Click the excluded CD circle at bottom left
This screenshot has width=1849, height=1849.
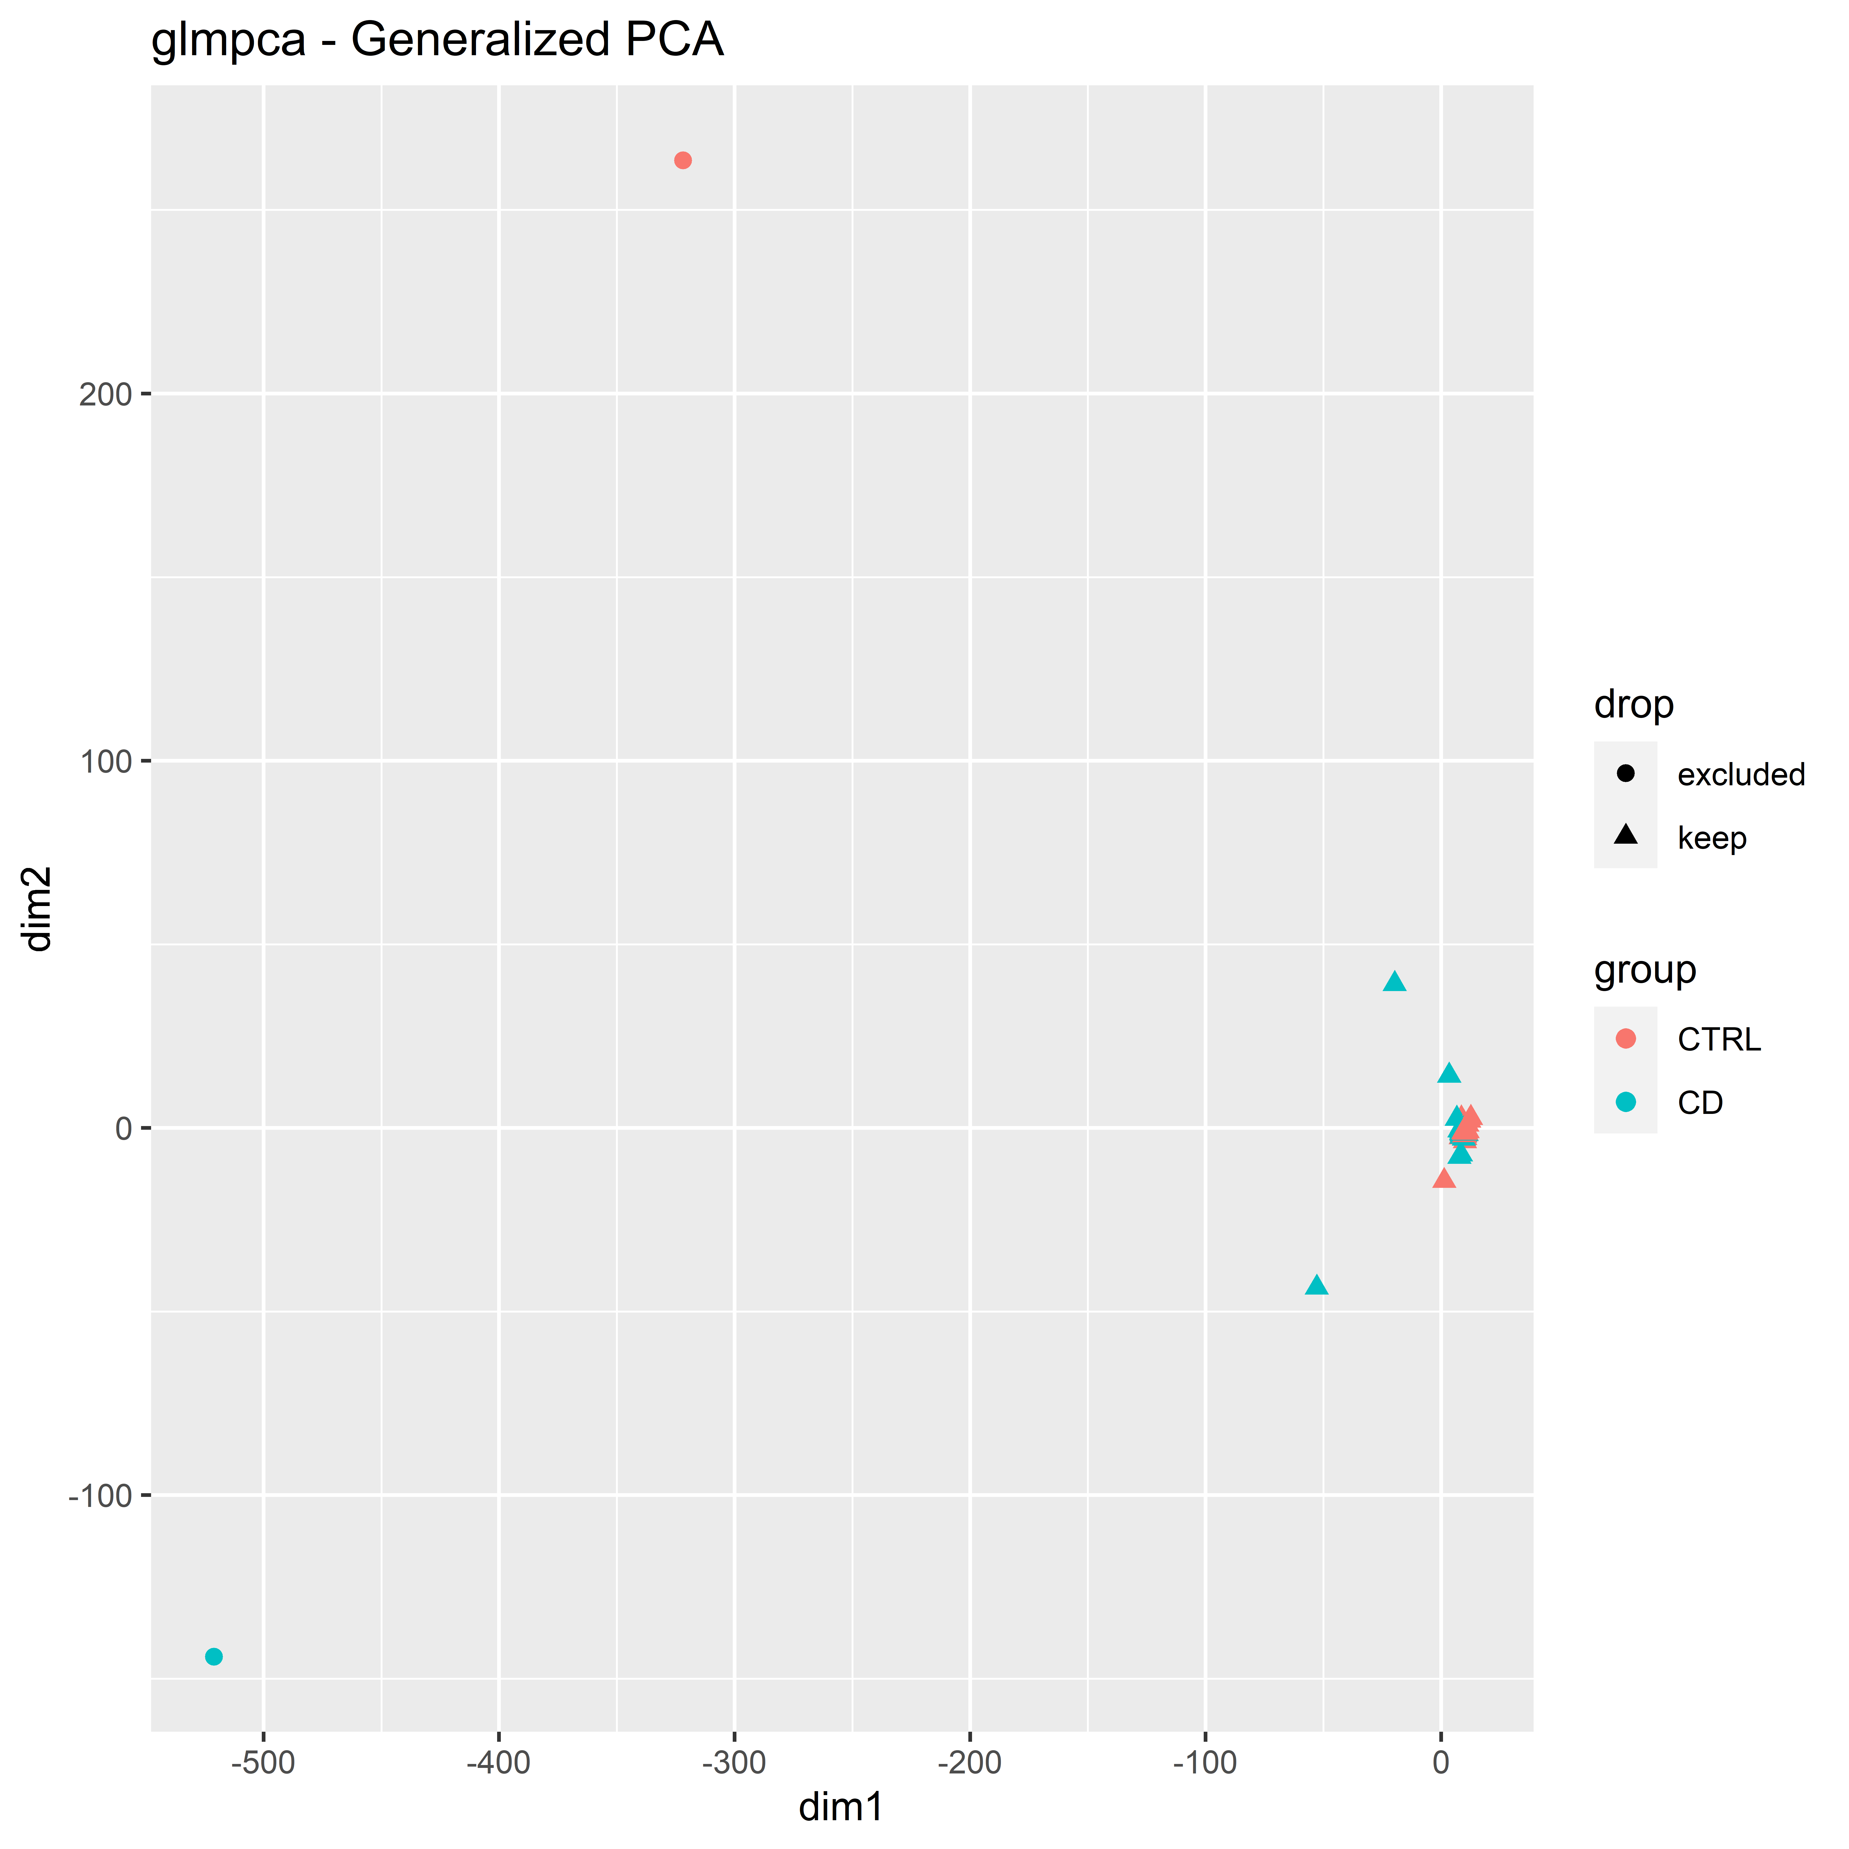(214, 1657)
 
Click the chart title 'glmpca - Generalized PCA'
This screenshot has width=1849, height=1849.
(437, 41)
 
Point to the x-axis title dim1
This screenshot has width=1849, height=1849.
(841, 1807)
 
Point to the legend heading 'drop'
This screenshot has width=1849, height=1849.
(1634, 705)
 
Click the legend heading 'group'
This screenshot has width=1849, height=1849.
(1644, 970)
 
